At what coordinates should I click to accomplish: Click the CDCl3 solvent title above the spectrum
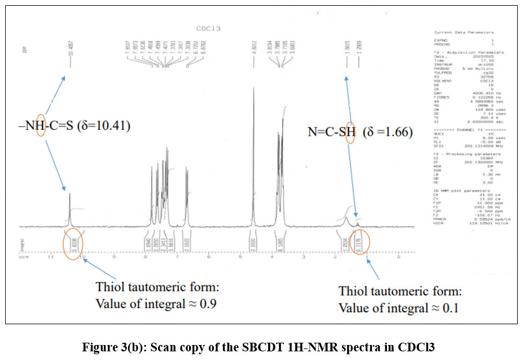click(208, 28)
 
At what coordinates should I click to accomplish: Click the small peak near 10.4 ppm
click(70, 196)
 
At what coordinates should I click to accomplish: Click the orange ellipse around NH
click(40, 125)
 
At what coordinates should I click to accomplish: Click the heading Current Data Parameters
click(464, 32)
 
